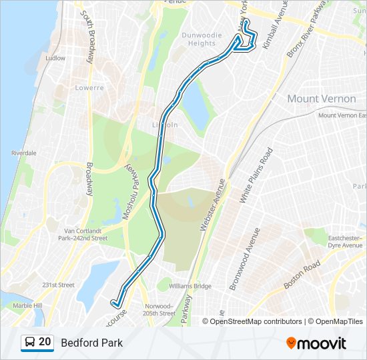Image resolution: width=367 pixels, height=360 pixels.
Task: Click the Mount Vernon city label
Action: pos(321,99)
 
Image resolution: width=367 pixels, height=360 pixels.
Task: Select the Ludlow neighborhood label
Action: pos(55,58)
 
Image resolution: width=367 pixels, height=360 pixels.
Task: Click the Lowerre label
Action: pos(89,87)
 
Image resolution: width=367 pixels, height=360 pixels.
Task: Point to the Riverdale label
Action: pos(23,153)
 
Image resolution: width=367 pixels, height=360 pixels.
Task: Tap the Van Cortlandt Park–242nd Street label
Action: pos(83,234)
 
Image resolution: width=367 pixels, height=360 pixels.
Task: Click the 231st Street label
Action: pos(58,285)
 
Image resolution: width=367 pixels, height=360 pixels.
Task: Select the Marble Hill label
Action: pos(27,305)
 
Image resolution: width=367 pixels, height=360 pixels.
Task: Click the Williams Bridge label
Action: pos(190,286)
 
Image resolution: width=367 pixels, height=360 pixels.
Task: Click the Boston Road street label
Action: pos(302,274)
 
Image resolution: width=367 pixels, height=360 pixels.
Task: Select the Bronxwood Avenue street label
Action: pos(244,259)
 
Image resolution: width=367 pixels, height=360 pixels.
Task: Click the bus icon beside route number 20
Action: pos(30,343)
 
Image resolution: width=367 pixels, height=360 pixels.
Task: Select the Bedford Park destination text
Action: pos(91,343)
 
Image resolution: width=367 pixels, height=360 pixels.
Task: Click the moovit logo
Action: pos(316,343)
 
